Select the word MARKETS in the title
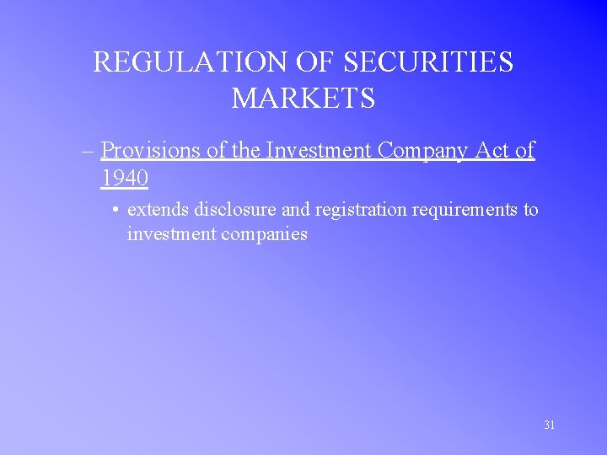[x=303, y=99]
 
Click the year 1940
[x=125, y=179]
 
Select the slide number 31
[x=550, y=426]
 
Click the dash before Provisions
[x=88, y=151]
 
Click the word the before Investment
[x=245, y=150]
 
